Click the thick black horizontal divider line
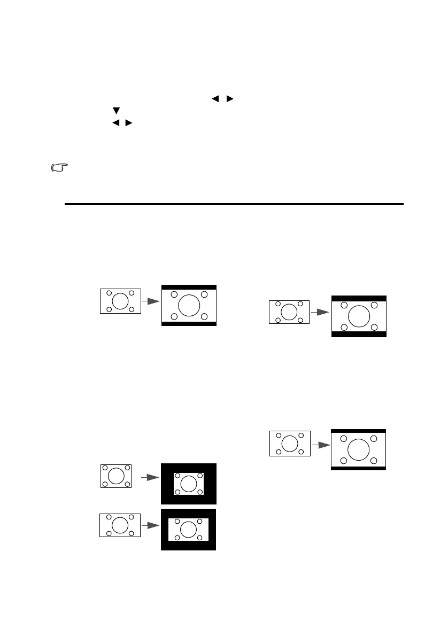233,204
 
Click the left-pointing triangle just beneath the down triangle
114,123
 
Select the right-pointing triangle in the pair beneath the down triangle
128,123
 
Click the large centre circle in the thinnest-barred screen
358,449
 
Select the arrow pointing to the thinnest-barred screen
321,444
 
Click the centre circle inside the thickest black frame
188,484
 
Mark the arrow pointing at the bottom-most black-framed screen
152,525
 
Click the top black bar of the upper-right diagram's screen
358,298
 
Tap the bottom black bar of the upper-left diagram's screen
189,324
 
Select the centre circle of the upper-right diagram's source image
289,312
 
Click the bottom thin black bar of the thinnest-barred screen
358,468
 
